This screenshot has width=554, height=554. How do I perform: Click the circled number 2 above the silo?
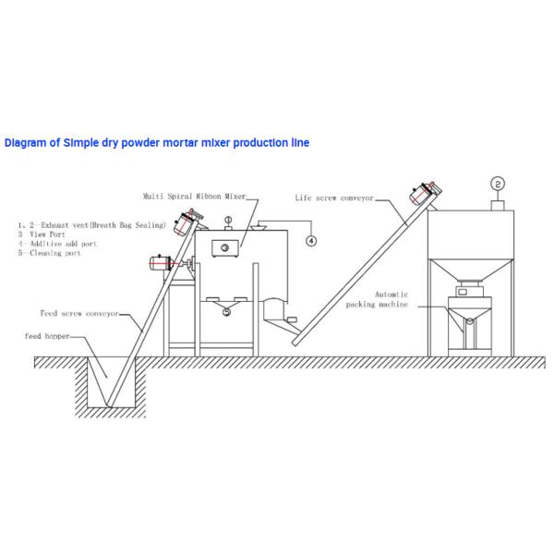pos(497,182)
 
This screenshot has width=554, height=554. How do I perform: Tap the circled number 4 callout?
pos(311,241)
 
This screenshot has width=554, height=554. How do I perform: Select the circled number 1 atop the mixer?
pos(227,219)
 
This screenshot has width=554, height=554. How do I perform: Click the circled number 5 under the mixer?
pos(227,311)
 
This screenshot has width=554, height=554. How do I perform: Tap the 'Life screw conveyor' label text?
pos(331,198)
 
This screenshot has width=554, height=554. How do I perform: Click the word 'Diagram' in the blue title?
pos(26,143)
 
